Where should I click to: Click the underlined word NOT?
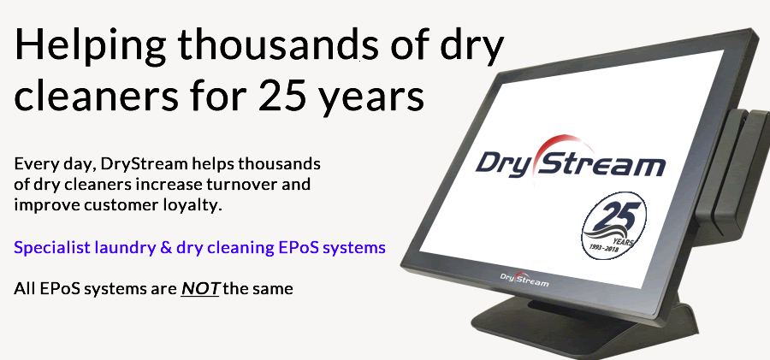pos(200,289)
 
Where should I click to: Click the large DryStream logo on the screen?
pos(570,162)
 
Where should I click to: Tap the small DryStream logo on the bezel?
pos(524,279)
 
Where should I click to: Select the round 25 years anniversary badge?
pos(614,226)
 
